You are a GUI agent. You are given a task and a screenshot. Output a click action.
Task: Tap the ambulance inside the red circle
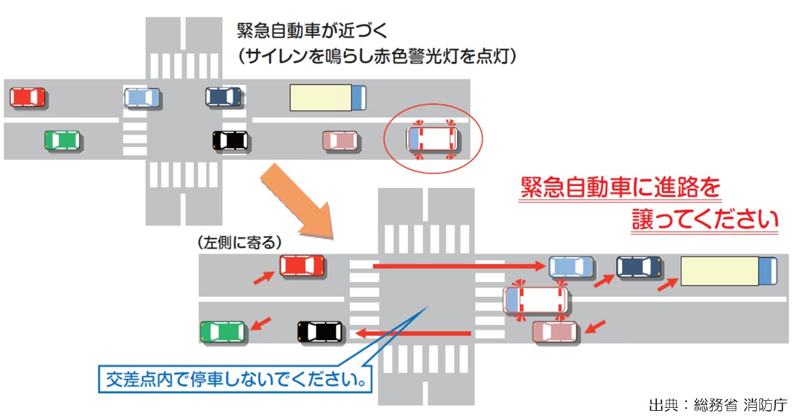tap(432, 139)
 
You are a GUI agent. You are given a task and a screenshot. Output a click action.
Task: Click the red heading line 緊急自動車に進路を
tap(620, 188)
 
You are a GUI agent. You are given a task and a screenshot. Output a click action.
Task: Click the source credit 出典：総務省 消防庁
tap(718, 406)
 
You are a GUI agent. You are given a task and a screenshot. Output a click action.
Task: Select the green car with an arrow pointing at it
tap(223, 331)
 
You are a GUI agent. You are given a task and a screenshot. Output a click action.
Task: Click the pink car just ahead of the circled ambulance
tap(340, 140)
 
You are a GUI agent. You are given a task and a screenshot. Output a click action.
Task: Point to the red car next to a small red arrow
tap(302, 266)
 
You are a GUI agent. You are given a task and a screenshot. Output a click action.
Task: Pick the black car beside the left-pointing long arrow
tap(320, 332)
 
